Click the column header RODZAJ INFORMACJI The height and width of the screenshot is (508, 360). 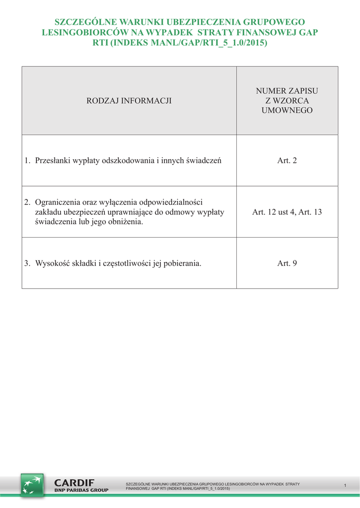[x=129, y=101]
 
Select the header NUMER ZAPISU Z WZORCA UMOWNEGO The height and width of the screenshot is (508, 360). [x=287, y=101]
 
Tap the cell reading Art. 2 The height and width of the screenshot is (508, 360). [x=287, y=161]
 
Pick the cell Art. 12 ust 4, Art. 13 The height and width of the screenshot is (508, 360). [x=287, y=212]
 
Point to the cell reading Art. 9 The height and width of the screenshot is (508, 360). [x=287, y=263]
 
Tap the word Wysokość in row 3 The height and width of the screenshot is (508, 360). [x=51, y=263]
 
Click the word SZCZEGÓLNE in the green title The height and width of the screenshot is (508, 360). [x=79, y=22]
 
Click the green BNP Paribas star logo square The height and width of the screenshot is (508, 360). [x=32, y=485]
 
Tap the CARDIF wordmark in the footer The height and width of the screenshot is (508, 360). [x=74, y=483]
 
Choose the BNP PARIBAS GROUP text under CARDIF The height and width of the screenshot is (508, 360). [x=81, y=490]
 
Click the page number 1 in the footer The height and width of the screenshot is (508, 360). [x=345, y=485]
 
